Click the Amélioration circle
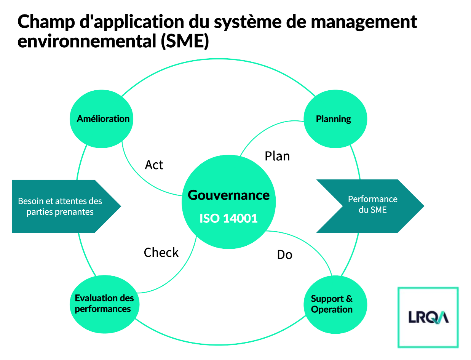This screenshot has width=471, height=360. click(x=101, y=119)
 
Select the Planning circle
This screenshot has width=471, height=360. click(x=335, y=119)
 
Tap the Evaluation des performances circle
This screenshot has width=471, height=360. click(x=104, y=304)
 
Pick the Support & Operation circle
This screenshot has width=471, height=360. click(x=335, y=304)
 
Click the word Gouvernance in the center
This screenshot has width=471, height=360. click(x=228, y=195)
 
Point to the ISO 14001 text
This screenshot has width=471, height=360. click(x=228, y=218)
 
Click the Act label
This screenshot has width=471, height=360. click(x=154, y=165)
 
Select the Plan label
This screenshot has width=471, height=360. click(x=277, y=156)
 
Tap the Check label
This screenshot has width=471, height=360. click(x=161, y=252)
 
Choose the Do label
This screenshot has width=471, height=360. click(x=284, y=254)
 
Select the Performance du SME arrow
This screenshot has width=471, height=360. click(x=370, y=206)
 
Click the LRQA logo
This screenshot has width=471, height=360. click(x=428, y=317)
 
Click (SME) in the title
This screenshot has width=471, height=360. click(x=185, y=41)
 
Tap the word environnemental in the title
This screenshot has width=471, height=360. click(x=87, y=41)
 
